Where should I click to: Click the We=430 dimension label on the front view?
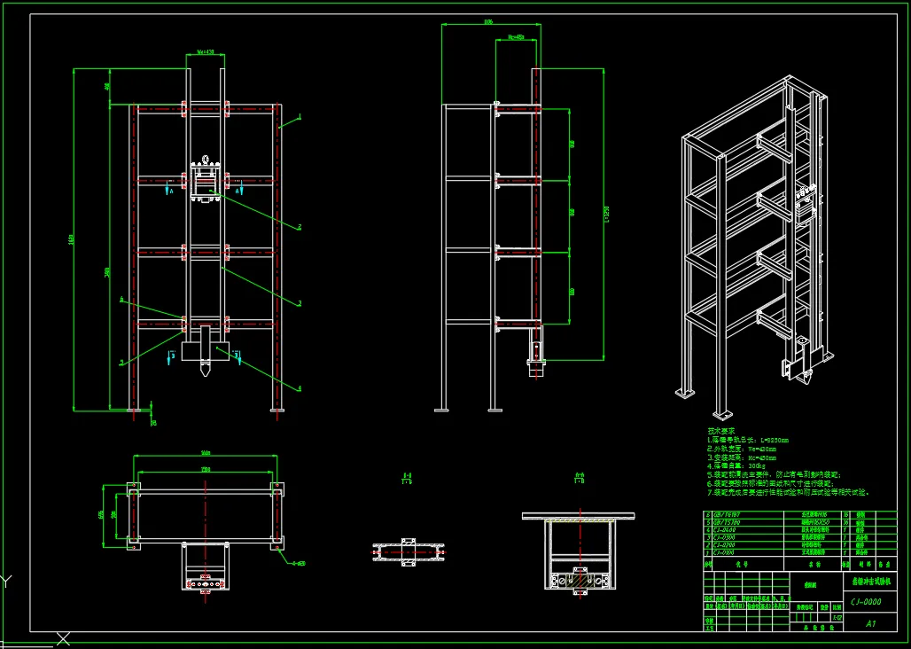pos(205,52)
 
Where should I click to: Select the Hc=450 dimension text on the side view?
pos(517,37)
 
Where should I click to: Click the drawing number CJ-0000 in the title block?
pos(865,601)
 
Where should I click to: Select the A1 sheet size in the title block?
pos(871,623)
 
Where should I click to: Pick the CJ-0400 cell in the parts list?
pos(724,529)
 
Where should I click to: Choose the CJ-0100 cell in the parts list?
pos(724,553)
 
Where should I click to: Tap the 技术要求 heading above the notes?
pos(721,431)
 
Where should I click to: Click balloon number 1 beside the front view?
pos(300,116)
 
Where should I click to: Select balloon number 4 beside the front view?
pos(300,387)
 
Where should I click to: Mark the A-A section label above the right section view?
pos(580,478)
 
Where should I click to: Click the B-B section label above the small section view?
pos(407,478)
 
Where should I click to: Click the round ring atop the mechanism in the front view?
pos(206,160)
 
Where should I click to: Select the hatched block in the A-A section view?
pos(580,581)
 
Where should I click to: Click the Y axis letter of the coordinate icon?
pos(7,582)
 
